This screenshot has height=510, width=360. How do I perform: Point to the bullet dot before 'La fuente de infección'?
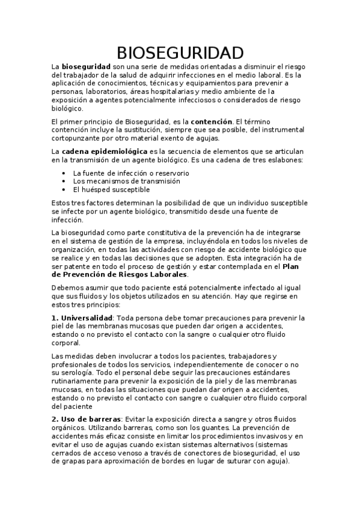pyautogui.click(x=64, y=173)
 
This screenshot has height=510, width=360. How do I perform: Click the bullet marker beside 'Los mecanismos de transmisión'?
pyautogui.click(x=64, y=181)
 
